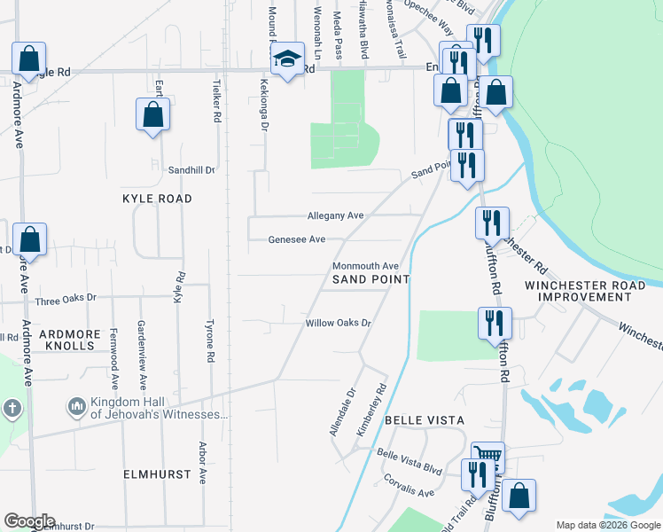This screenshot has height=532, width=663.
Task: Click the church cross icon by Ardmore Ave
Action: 12,409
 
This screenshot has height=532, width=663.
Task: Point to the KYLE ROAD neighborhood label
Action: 157,199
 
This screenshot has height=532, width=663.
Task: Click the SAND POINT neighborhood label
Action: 370,279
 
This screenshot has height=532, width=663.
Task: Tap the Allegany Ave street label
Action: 335,215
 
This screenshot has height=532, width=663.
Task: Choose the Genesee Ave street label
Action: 297,239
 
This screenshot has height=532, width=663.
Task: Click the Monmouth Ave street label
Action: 365,266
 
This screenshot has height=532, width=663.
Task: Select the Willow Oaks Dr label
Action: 337,323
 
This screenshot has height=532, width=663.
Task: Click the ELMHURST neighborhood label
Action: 158,474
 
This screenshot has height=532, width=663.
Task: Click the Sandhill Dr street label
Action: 191,168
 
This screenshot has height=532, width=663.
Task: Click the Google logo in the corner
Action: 28,521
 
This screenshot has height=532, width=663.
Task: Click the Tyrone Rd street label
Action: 211,340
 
